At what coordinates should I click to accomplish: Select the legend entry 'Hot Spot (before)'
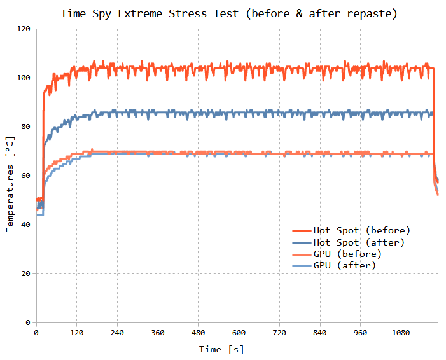pos(361,230)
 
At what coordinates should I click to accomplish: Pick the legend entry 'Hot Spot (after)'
pos(359,242)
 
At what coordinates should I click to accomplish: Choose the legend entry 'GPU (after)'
pos(344,265)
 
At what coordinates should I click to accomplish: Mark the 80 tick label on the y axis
pos(25,127)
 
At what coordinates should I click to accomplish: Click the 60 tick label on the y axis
pos(25,176)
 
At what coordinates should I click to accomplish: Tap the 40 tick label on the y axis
pos(25,225)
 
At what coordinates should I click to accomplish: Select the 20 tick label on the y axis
pos(25,274)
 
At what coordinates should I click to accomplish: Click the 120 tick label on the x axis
pos(76,333)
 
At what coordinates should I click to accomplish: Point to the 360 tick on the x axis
pos(158,333)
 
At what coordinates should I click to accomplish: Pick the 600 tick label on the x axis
pos(239,333)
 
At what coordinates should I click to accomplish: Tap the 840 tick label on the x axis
pos(320,333)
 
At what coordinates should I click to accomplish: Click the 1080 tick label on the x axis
pos(401,333)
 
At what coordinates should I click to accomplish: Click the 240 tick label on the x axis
pos(117,333)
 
